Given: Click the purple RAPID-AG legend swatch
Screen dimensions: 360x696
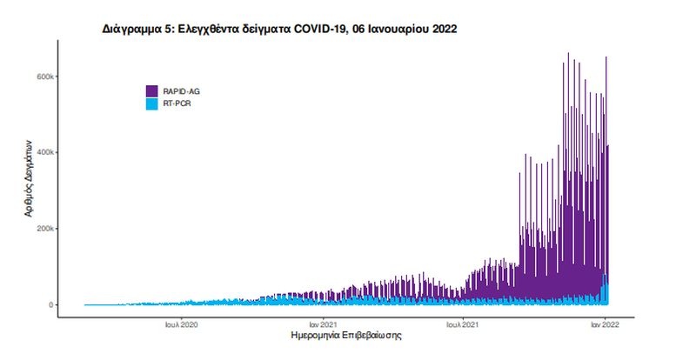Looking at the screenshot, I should (x=151, y=90).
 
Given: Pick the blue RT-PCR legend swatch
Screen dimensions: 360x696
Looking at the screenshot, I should (x=151, y=103).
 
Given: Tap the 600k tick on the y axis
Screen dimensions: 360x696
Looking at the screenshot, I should (x=47, y=77).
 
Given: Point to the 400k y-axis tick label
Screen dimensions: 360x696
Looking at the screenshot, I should (x=47, y=152).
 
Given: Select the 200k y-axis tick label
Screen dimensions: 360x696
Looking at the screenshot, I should (x=47, y=229).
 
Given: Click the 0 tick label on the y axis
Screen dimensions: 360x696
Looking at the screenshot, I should (x=52, y=305).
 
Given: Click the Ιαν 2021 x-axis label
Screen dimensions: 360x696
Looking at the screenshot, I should (x=323, y=324).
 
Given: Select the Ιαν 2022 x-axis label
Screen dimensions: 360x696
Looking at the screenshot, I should (x=606, y=324).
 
